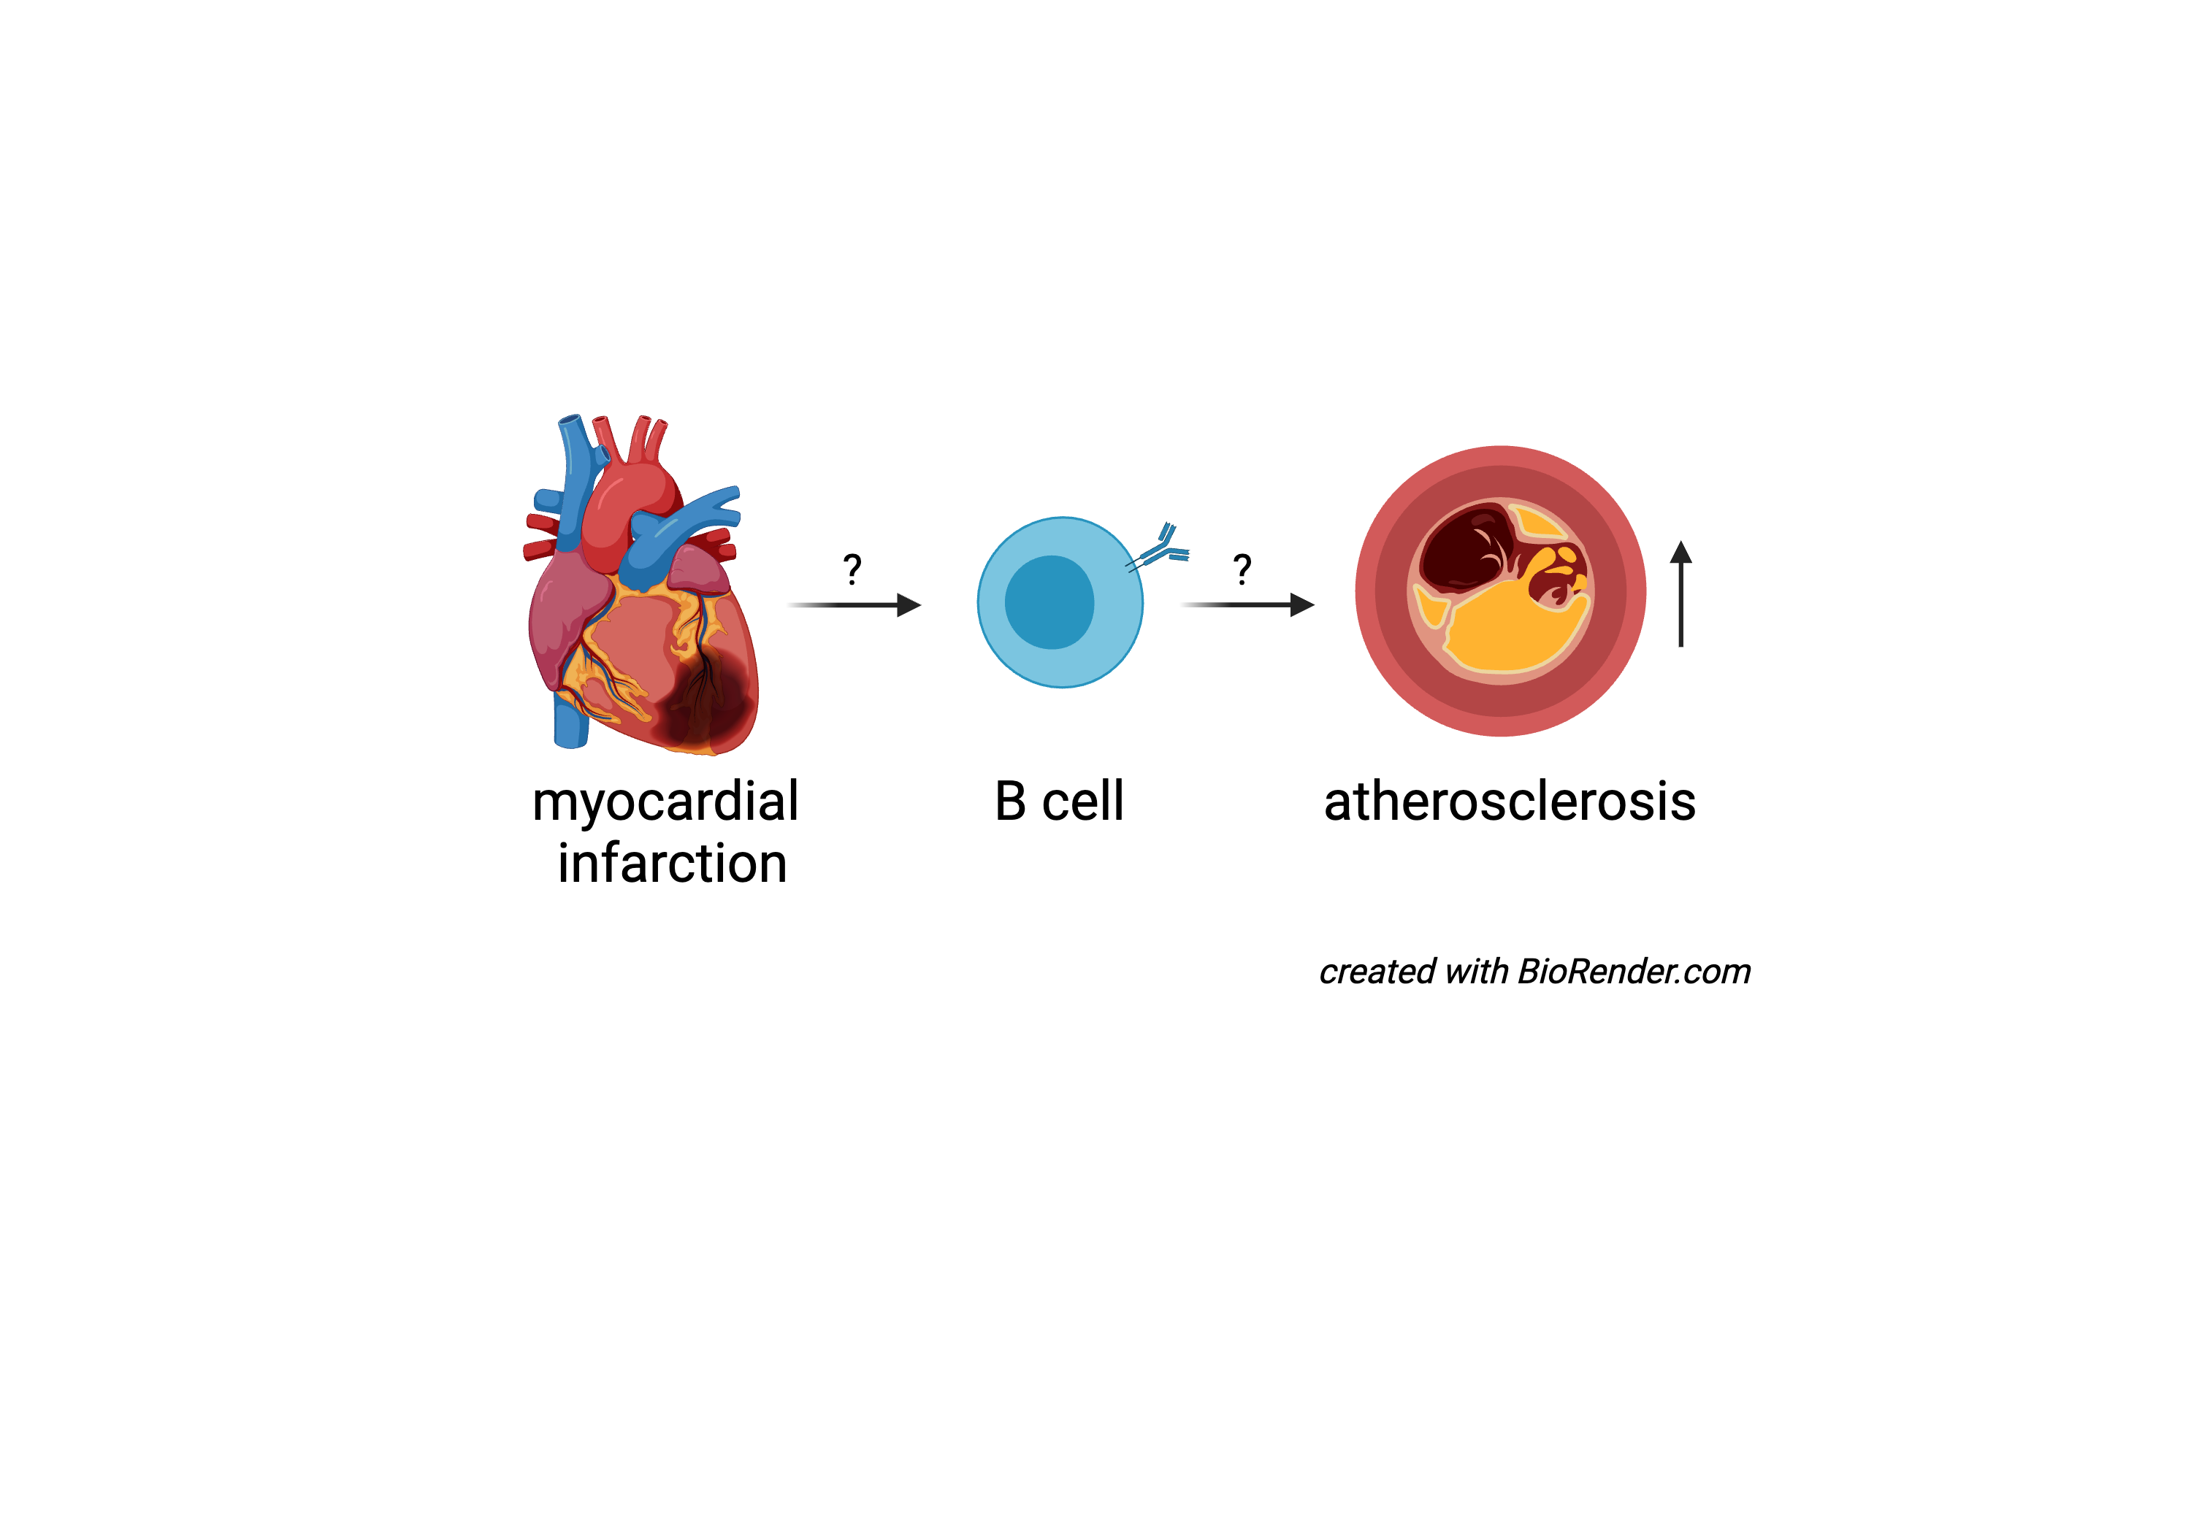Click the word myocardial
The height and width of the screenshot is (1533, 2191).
point(665,802)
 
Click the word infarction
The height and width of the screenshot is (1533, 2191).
point(672,864)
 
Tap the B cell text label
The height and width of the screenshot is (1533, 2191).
point(1058,802)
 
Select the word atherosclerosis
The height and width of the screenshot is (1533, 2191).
point(1509,802)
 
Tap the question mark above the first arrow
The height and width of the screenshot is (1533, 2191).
point(852,569)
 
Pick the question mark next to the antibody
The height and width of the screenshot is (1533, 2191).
point(1242,569)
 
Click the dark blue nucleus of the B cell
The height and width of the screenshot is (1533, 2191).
point(1049,603)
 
